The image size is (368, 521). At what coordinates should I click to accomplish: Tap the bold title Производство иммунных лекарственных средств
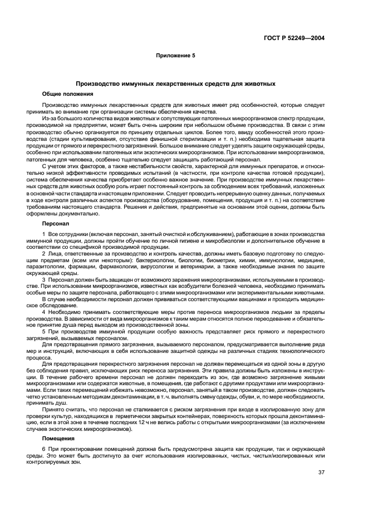(x=175, y=84)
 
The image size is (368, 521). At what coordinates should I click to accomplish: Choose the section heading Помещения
(x=57, y=439)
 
